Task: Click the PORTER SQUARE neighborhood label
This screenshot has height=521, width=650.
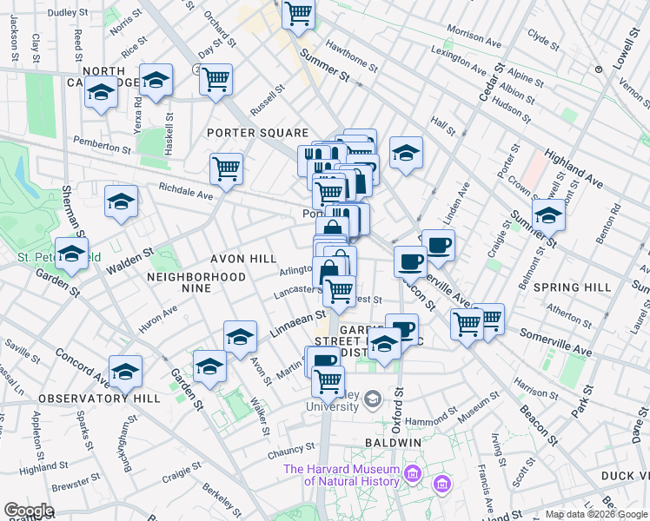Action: pyautogui.click(x=257, y=133)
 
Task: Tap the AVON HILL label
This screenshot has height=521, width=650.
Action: pyautogui.click(x=243, y=259)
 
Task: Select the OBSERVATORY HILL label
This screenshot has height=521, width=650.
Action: pyautogui.click(x=98, y=399)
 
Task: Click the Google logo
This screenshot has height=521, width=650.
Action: pyautogui.click(x=28, y=511)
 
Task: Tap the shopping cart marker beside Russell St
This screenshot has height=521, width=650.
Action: pyautogui.click(x=216, y=79)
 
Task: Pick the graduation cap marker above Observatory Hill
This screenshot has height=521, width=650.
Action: pyautogui.click(x=126, y=371)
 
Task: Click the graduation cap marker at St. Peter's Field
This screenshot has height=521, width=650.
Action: pyautogui.click(x=72, y=253)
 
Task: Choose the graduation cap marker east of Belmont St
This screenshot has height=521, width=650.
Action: pyautogui.click(x=549, y=214)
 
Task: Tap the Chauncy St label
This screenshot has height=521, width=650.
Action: pyautogui.click(x=290, y=449)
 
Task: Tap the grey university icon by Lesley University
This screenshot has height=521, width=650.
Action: pyautogui.click(x=374, y=399)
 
